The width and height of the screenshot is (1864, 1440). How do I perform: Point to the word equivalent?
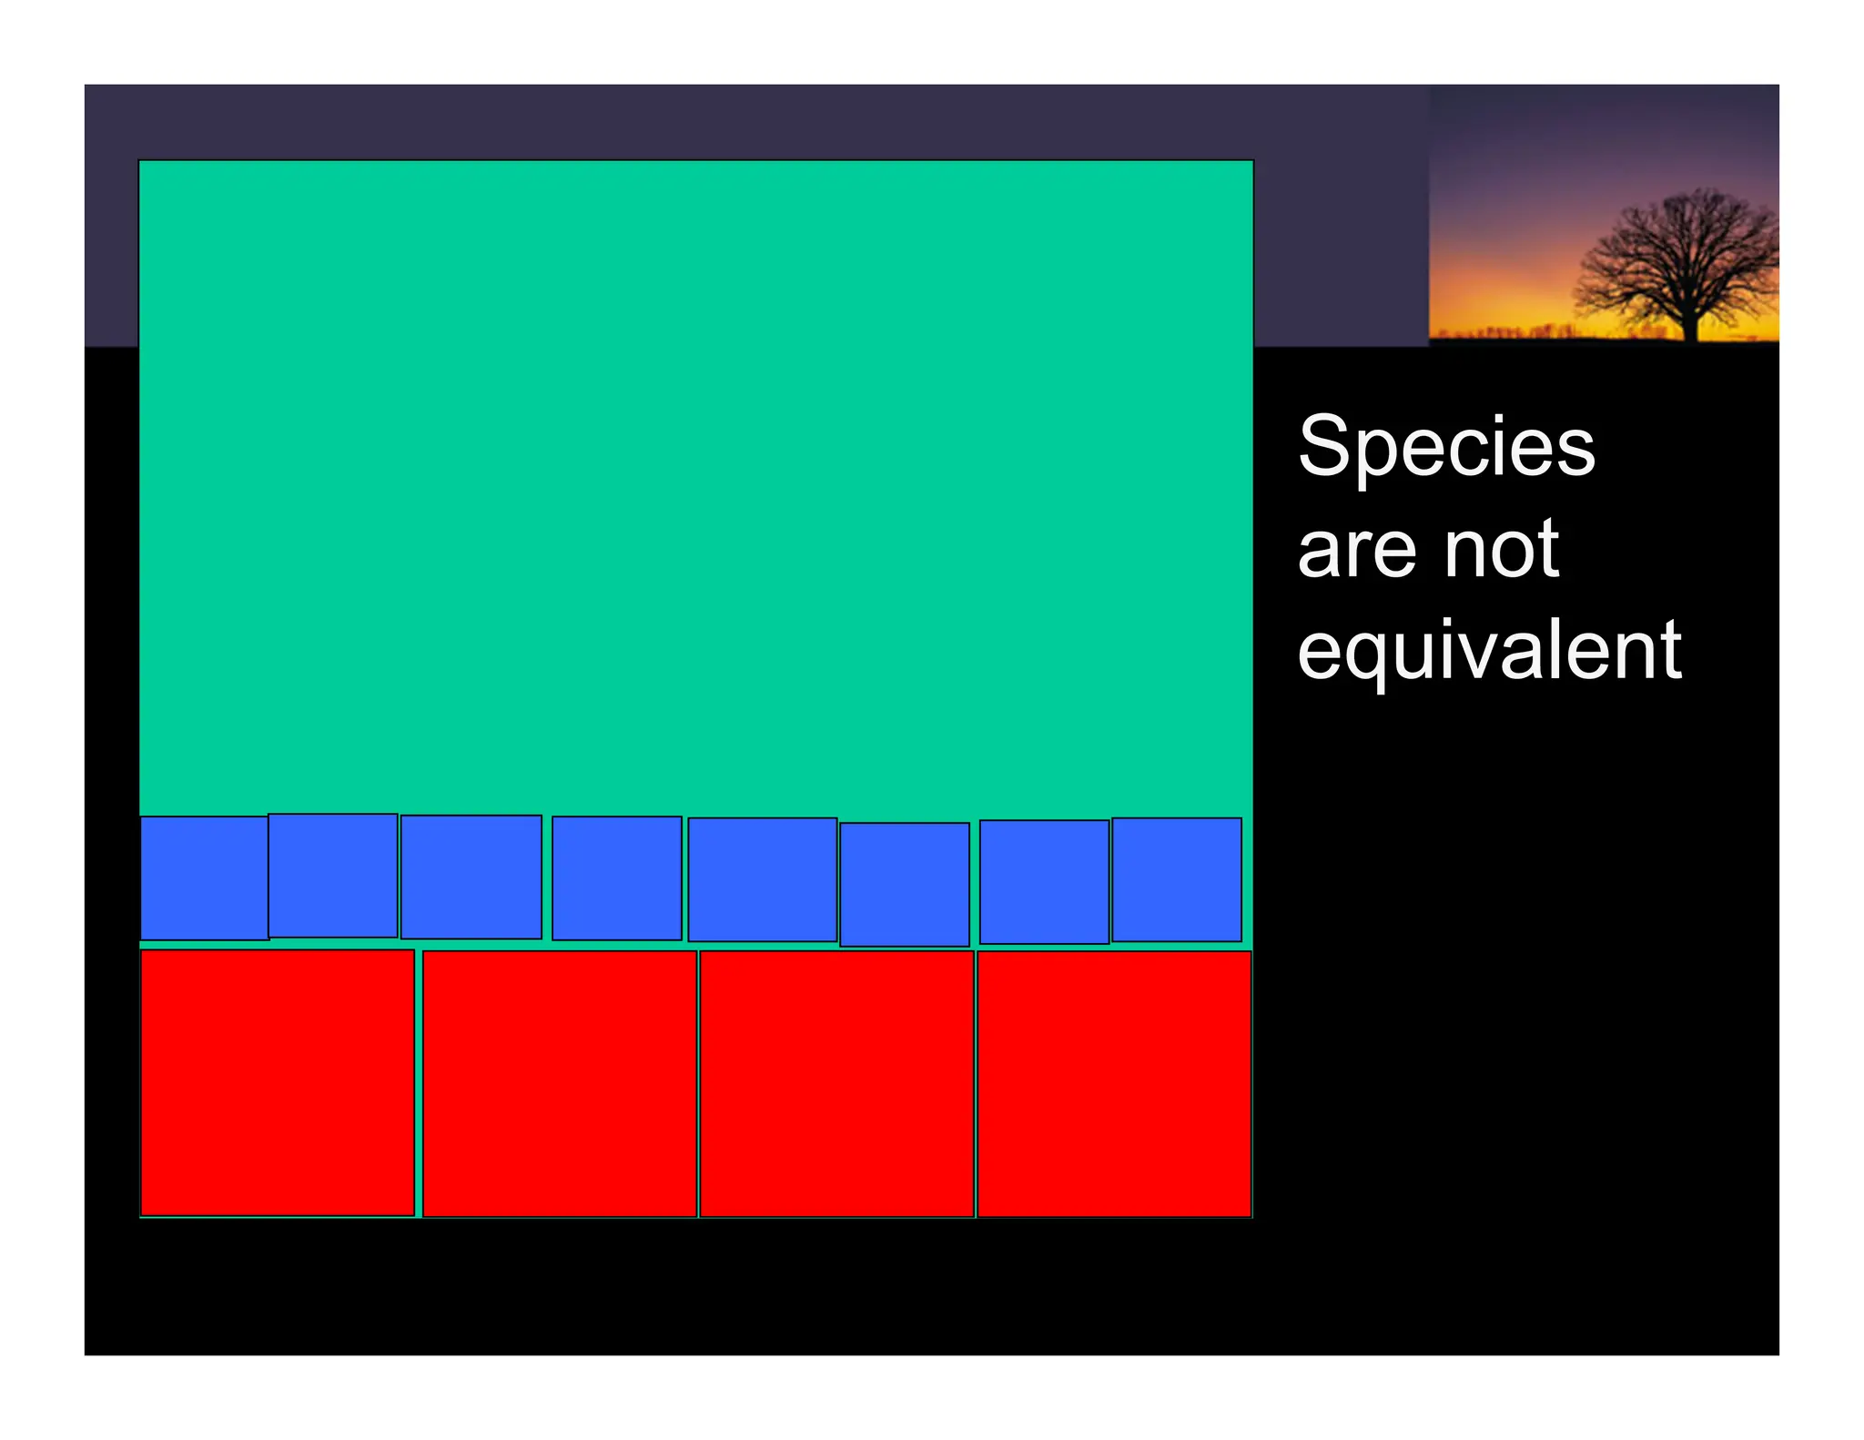click(x=1489, y=652)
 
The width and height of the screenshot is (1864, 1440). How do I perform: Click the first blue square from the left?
click(x=204, y=877)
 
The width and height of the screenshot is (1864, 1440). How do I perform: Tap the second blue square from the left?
click(x=332, y=875)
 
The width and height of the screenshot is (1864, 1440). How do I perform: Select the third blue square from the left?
click(x=471, y=877)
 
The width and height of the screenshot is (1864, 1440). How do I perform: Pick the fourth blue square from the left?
click(x=616, y=877)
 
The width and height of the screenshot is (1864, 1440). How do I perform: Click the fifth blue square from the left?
click(x=762, y=878)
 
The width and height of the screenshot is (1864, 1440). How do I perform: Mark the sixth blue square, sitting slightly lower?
click(x=904, y=884)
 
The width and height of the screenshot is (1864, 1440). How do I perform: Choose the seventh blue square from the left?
click(x=1044, y=881)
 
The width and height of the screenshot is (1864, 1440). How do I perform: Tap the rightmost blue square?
click(x=1176, y=878)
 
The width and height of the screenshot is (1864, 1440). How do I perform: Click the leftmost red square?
click(x=277, y=1082)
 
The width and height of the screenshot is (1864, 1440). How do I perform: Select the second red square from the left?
click(x=559, y=1083)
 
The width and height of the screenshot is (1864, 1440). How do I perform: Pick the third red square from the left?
click(x=836, y=1083)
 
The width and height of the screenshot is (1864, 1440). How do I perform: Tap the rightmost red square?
click(x=1113, y=1083)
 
